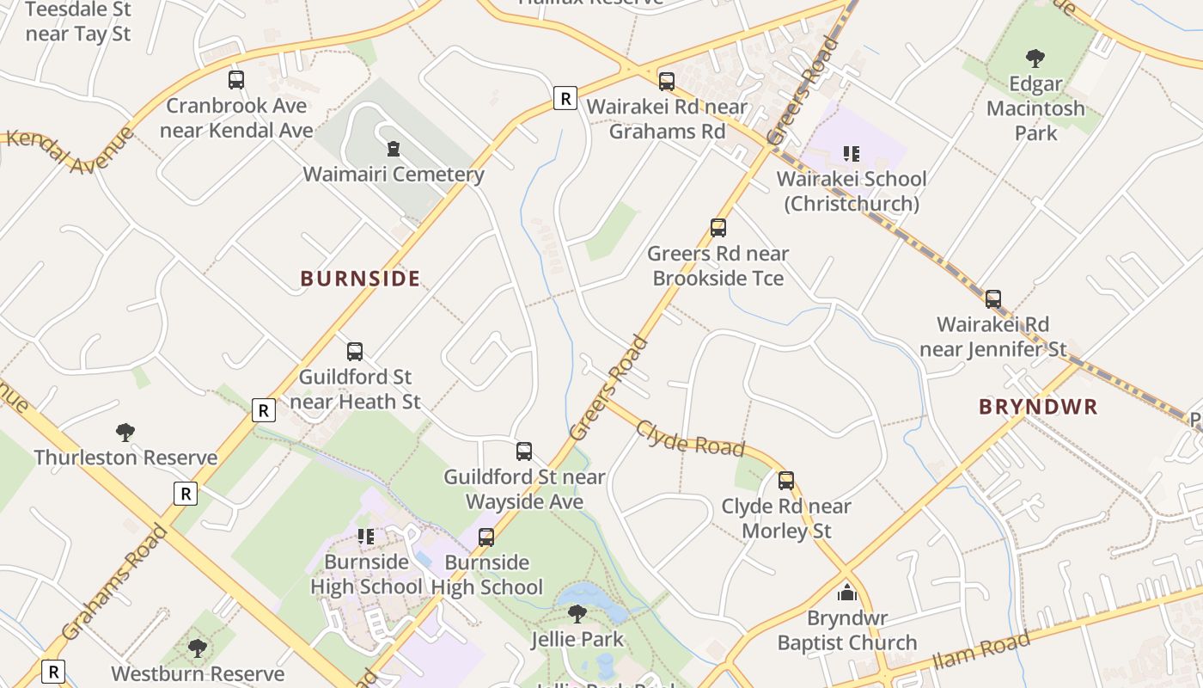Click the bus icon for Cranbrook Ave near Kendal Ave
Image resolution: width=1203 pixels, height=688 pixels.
pyautogui.click(x=236, y=80)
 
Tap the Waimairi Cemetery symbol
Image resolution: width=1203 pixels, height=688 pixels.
pyautogui.click(x=393, y=149)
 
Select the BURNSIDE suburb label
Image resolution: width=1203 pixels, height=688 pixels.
pyautogui.click(x=360, y=279)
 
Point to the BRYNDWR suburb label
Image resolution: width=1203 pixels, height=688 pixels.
pyautogui.click(x=1038, y=407)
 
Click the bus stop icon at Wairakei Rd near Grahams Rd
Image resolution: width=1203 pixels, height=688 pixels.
pyautogui.click(x=667, y=82)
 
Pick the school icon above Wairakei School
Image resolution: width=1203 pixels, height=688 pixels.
pyautogui.click(x=851, y=154)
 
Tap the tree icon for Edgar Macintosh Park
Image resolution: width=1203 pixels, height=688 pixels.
pyautogui.click(x=1035, y=58)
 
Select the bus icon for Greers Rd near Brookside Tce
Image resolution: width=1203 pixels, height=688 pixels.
pyautogui.click(x=718, y=228)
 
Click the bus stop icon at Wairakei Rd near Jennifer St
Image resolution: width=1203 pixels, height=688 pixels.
pyautogui.click(x=993, y=299)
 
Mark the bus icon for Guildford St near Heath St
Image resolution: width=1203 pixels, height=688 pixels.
pyautogui.click(x=355, y=352)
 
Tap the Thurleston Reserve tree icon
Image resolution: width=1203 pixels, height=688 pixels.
pyautogui.click(x=125, y=432)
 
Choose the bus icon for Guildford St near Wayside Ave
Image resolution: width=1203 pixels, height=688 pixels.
pyautogui.click(x=524, y=451)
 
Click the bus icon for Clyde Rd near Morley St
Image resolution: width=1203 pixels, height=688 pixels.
pyautogui.click(x=786, y=481)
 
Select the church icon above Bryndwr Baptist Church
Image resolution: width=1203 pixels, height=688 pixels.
pyautogui.click(x=847, y=593)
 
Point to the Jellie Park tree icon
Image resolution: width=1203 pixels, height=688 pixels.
pyautogui.click(x=577, y=614)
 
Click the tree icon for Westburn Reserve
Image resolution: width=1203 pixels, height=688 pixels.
pyautogui.click(x=198, y=648)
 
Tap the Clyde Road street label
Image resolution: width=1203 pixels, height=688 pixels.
pyautogui.click(x=689, y=439)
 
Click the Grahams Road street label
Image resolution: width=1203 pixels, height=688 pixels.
pyautogui.click(x=115, y=583)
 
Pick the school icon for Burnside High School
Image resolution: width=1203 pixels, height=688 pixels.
pyautogui.click(x=366, y=537)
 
